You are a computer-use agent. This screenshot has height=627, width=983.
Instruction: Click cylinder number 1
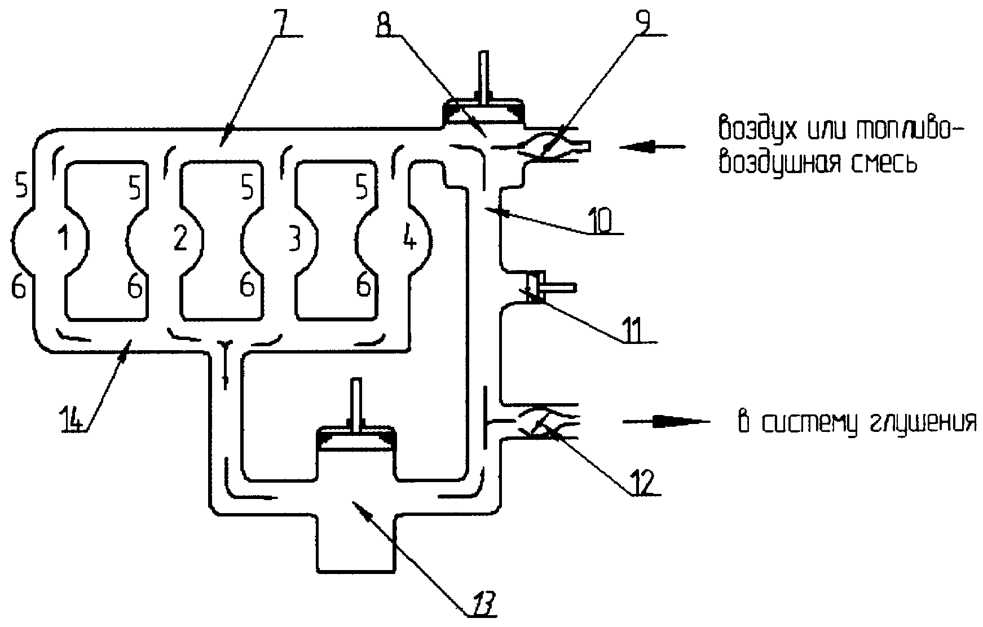(64, 240)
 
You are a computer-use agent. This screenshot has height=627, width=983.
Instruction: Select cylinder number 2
(180, 240)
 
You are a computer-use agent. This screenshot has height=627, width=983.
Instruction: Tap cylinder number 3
(293, 241)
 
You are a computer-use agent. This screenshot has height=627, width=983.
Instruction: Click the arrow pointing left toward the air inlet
(652, 147)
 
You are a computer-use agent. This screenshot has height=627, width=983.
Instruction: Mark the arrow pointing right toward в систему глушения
(665, 421)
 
